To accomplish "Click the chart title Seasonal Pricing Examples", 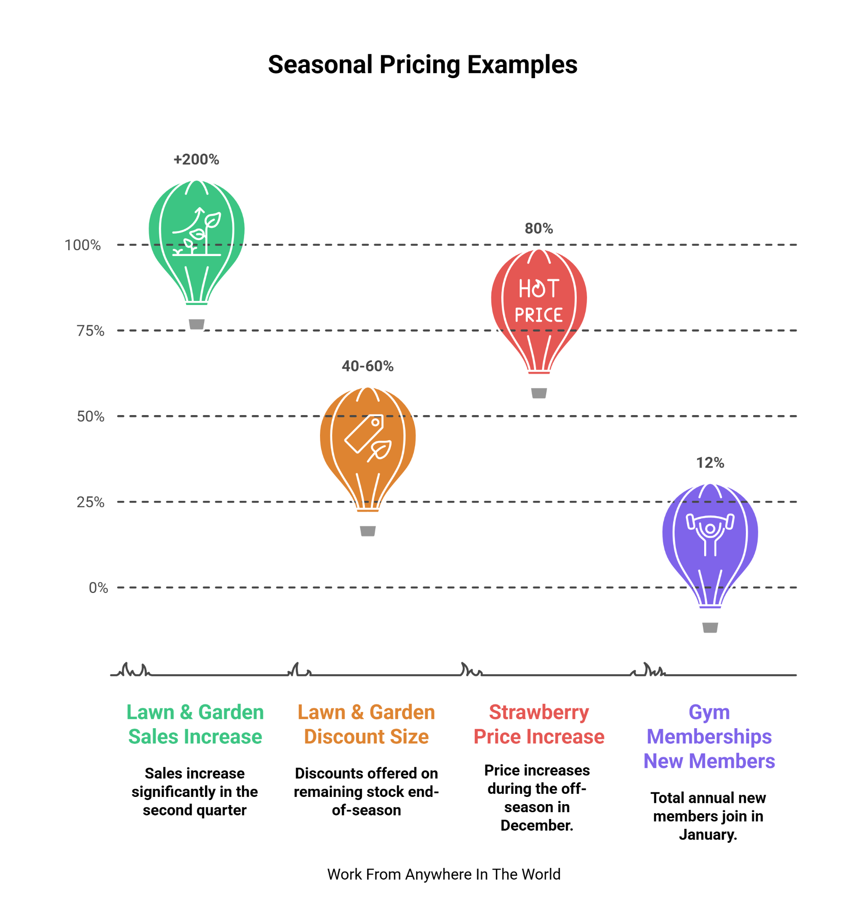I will pos(422,65).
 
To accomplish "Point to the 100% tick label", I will pos(83,245).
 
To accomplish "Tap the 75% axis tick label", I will pos(90,331).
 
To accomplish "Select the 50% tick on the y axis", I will pos(90,416).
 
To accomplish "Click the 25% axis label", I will pos(90,502).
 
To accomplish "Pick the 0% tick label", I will pos(98,588).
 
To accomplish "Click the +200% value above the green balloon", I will pos(197,159).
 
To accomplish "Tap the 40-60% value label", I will pos(368,366).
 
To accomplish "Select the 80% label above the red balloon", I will pos(539,228).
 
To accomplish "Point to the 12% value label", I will pos(710,463).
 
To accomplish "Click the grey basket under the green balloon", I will pos(197,324).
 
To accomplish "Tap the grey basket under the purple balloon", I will pos(710,627).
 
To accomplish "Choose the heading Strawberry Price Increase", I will pos(539,724).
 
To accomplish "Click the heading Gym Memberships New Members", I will pos(709,737).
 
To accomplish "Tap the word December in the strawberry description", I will pos(536,825).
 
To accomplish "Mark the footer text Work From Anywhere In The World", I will pos(443,874).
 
